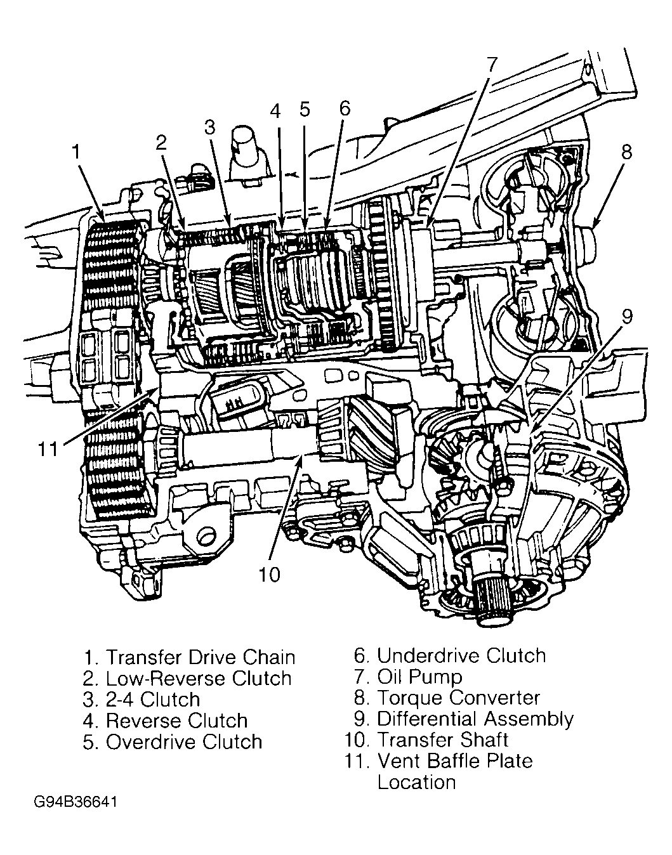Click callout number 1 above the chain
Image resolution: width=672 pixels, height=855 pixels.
tap(76, 152)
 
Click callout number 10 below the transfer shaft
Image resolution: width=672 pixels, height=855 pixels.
tap(269, 574)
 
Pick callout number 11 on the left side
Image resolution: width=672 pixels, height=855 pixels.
tap(47, 448)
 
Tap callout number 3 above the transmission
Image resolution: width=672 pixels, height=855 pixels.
tap(211, 127)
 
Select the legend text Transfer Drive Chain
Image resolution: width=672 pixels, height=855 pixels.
tap(200, 657)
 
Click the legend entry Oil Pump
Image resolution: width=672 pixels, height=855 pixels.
tap(419, 677)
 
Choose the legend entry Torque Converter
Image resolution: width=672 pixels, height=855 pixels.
tap(458, 698)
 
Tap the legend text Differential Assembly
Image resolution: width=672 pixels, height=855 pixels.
tap(475, 719)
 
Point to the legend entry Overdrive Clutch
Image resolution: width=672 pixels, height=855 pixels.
tap(184, 741)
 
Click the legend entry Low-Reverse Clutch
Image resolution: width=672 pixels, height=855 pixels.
tap(198, 678)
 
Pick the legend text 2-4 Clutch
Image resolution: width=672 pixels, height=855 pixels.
tap(152, 700)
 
